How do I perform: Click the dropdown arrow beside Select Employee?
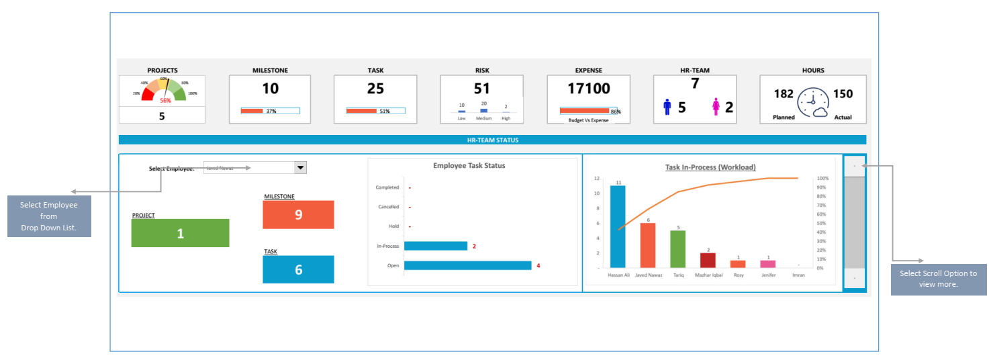pos(300,168)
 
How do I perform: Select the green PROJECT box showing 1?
pos(180,233)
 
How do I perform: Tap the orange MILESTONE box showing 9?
pos(299,215)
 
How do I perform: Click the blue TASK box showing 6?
pos(299,269)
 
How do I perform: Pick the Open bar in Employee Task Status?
pos(467,265)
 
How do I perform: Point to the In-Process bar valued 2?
pos(435,246)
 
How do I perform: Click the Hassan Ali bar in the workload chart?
pos(618,226)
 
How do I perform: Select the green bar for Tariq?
pos(678,249)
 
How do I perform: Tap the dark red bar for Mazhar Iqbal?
pos(708,260)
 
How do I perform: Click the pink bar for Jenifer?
pos(768,264)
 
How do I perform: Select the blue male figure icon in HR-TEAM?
pos(667,107)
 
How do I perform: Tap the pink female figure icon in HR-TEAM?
pos(716,107)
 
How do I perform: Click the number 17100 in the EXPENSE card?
pos(588,89)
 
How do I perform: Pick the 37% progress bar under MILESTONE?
pos(270,111)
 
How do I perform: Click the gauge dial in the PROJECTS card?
pos(162,90)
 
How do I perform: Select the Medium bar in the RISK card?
pos(483,110)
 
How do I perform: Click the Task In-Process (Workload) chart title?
pos(710,167)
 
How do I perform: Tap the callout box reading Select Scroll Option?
pos(938,279)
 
